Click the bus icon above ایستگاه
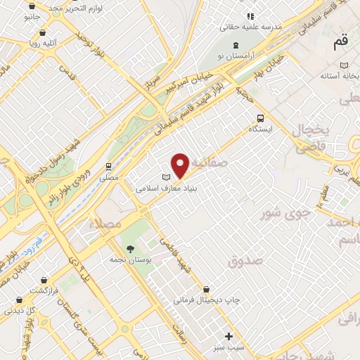tap(260, 118)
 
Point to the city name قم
tap(340, 43)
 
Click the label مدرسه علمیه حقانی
tap(251, 27)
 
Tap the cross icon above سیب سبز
tap(229, 335)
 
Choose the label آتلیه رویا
tap(44, 42)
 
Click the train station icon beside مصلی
tap(108, 167)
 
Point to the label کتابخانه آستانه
tap(340, 74)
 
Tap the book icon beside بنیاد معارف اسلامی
tap(166, 177)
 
